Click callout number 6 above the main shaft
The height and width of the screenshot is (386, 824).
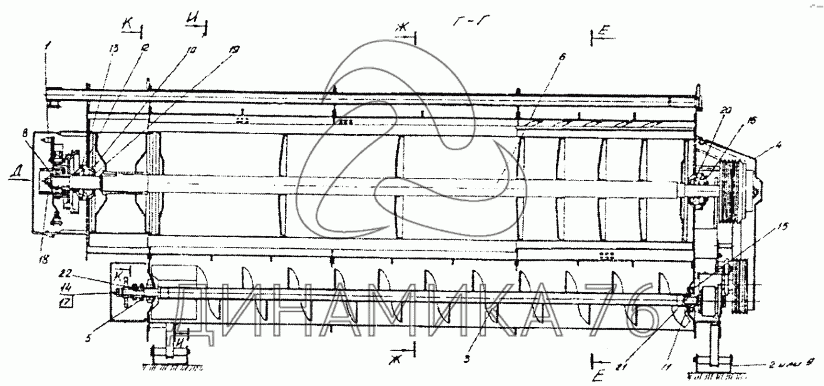coord(561,57)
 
